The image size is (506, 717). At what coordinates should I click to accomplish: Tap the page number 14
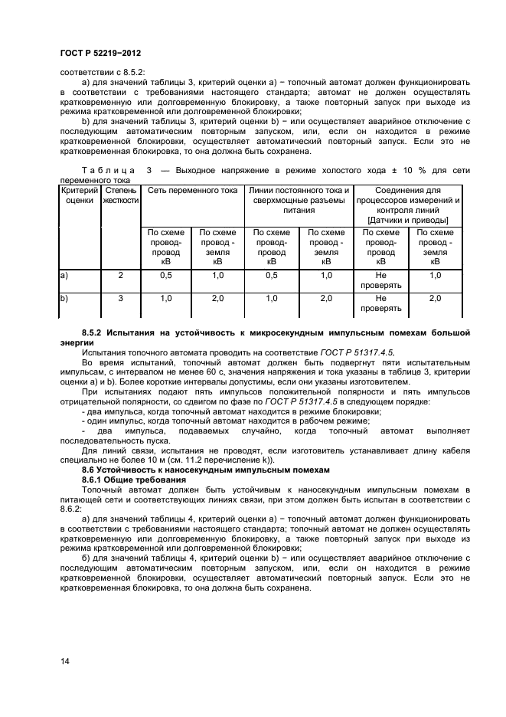(65, 660)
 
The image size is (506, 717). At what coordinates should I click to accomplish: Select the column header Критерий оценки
(79, 195)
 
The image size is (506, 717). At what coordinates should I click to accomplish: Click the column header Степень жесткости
(121, 195)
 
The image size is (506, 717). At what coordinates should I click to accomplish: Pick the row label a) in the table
(64, 274)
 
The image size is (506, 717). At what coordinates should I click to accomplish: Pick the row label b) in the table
(64, 299)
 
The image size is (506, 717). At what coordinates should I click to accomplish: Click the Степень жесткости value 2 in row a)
(121, 274)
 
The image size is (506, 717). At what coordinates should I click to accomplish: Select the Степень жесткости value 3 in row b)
(121, 299)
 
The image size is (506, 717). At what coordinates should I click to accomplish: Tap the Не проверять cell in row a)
(380, 280)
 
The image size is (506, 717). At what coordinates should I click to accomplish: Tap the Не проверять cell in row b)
(380, 303)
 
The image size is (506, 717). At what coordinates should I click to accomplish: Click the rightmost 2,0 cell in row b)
(435, 299)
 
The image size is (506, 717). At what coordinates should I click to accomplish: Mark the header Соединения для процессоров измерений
(407, 195)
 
